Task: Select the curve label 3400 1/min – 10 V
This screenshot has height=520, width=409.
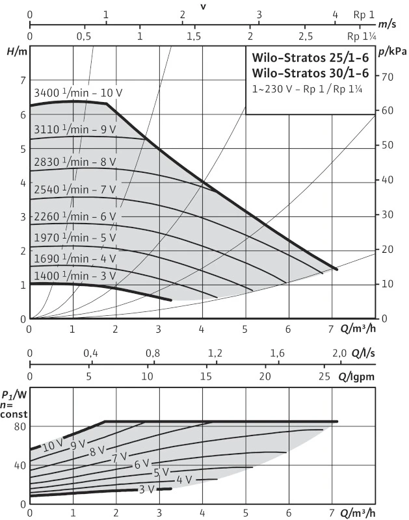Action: click(77, 93)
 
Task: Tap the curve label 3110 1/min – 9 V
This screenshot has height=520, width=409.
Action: click(75, 129)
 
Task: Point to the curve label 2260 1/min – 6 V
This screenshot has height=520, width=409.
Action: click(75, 216)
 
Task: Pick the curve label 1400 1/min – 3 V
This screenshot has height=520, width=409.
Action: click(75, 276)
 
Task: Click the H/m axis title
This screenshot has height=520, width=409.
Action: click(15, 51)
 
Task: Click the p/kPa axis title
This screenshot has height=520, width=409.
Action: click(392, 51)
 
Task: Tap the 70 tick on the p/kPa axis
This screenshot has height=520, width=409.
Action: click(388, 77)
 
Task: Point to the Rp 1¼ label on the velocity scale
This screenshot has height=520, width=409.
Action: click(362, 36)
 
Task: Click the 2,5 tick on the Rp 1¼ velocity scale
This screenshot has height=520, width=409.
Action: click(305, 36)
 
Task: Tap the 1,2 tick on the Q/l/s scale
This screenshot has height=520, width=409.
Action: click(215, 354)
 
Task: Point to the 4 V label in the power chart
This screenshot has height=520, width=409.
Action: click(184, 480)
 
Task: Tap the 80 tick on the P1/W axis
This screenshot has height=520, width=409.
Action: click(18, 426)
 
